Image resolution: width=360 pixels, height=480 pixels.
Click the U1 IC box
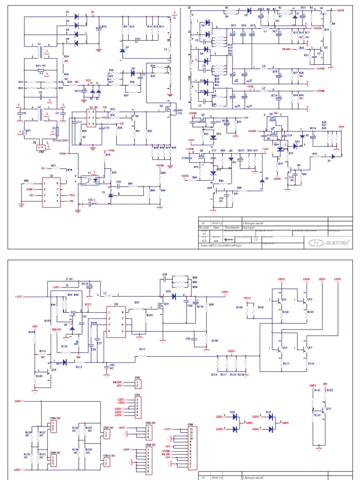[94, 117]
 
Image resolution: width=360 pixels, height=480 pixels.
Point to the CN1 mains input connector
[42, 147]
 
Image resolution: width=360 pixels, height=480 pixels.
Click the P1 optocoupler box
[94, 179]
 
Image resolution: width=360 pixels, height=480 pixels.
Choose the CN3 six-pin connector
[137, 406]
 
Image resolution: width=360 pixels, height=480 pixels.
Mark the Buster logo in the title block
[328, 242]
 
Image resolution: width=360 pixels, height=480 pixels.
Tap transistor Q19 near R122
[327, 409]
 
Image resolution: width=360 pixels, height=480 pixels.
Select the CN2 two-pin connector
[137, 384]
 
